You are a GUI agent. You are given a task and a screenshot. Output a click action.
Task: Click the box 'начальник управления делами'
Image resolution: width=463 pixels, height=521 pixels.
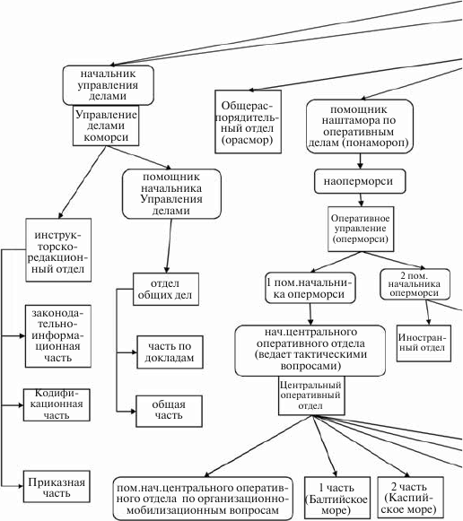108,85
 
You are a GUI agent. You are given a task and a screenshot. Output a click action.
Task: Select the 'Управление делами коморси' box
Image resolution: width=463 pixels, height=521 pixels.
106,126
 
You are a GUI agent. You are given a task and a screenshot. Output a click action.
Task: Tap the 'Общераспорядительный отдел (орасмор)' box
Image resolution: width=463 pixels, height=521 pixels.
248,122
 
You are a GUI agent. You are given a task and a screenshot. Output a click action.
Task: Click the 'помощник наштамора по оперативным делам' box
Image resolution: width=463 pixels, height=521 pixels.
360,126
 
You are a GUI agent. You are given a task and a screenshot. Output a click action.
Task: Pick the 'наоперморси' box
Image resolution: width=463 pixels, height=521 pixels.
360,181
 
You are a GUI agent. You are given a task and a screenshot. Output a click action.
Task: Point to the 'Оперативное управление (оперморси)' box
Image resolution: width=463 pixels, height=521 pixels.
361,229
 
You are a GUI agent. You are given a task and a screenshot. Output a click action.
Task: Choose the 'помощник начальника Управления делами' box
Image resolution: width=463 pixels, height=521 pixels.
171,194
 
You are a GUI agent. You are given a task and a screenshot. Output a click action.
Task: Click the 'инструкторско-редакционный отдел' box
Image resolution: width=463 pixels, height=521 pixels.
58,250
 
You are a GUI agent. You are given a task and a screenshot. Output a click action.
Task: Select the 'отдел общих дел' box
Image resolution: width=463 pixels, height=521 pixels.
166,289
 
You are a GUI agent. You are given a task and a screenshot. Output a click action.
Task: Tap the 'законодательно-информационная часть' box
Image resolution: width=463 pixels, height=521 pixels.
58,336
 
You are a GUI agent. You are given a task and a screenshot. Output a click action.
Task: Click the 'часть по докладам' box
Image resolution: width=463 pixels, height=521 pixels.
170,352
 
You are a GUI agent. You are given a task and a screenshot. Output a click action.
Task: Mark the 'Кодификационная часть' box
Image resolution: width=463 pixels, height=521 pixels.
57,404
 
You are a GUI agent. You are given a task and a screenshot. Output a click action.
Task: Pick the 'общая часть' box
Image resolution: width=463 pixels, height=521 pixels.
169,411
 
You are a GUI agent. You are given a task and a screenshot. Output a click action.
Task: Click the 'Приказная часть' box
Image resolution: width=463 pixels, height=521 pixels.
57,486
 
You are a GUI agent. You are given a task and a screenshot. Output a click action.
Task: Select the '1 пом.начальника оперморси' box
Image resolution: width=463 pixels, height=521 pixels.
310,288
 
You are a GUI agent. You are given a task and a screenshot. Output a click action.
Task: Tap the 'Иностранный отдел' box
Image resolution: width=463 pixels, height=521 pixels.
424,343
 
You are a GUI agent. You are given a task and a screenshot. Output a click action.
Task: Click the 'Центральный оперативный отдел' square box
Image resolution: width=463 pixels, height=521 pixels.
311,395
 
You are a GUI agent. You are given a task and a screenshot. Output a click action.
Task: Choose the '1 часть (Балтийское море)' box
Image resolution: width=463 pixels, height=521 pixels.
337,498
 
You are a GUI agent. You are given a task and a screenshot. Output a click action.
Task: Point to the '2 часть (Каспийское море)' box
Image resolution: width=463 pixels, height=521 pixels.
410,498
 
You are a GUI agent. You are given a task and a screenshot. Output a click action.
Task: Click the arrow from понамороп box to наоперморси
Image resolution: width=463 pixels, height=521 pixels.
360,161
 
